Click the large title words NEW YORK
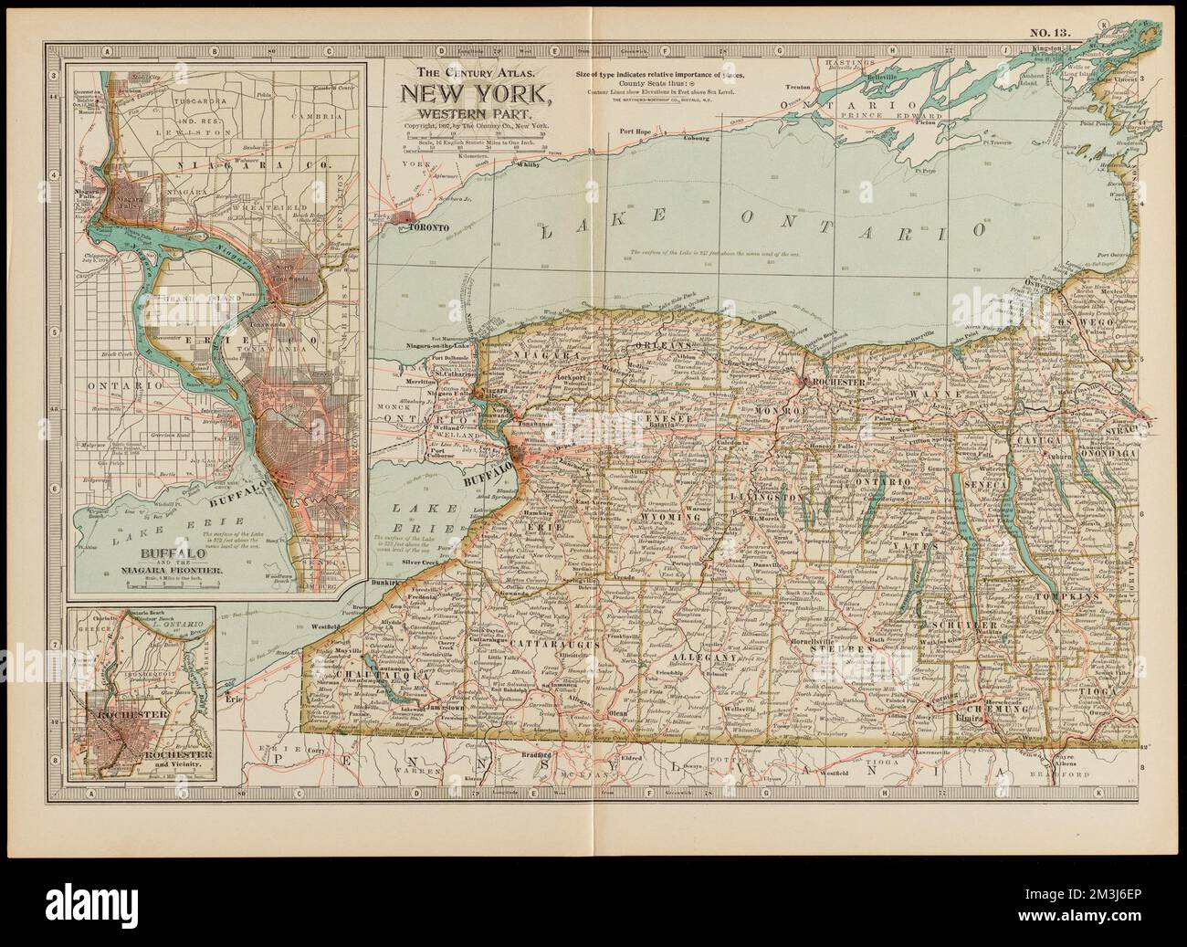[471, 92]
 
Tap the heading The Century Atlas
[471, 71]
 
